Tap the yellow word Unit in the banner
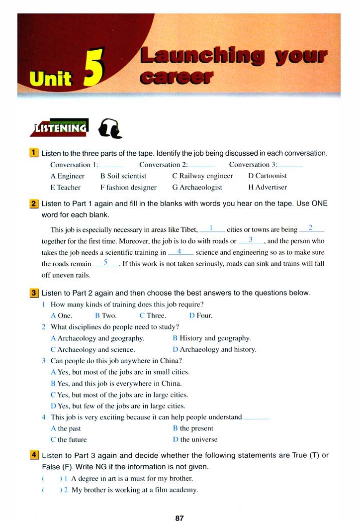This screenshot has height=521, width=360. point(51,79)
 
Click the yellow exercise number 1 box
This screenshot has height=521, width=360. point(34,153)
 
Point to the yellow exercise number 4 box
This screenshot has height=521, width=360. point(34,455)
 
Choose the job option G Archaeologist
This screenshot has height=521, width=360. point(197,188)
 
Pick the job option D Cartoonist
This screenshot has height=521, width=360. point(267,176)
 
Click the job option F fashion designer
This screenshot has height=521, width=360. point(128,188)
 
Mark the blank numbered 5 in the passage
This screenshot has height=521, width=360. point(105,264)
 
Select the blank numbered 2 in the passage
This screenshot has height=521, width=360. point(311,230)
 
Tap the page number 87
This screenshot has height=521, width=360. point(180,518)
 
